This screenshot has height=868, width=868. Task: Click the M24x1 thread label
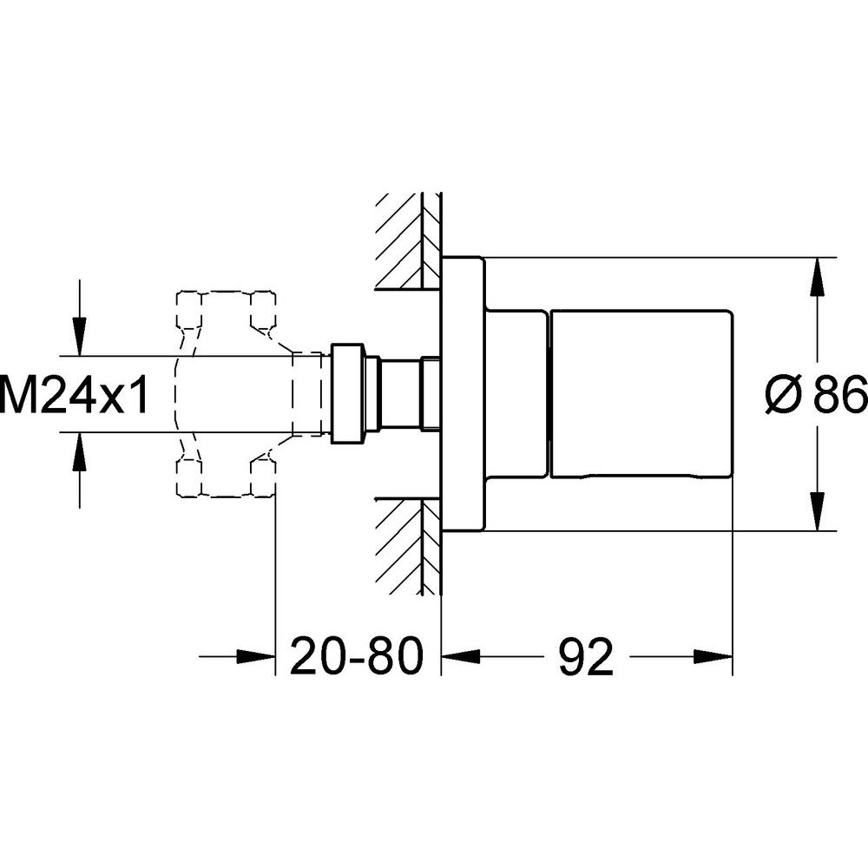coord(74,394)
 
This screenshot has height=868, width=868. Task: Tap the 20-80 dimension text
coord(357,656)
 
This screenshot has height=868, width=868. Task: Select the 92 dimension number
coord(586,656)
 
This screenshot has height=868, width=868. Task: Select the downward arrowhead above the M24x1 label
coord(80,336)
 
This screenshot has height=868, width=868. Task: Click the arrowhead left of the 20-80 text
coord(256,656)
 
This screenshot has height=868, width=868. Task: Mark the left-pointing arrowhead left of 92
coord(460,656)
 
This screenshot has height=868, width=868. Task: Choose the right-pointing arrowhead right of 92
coord(713,656)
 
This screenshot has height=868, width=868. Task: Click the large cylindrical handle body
coord(641,393)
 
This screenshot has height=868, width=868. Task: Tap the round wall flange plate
coord(464,394)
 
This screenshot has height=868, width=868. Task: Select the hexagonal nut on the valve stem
coord(346,393)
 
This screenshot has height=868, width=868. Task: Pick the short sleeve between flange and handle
coord(516,393)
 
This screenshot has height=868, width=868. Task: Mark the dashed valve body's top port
coord(226,309)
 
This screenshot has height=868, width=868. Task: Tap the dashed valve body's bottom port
coord(226,477)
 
